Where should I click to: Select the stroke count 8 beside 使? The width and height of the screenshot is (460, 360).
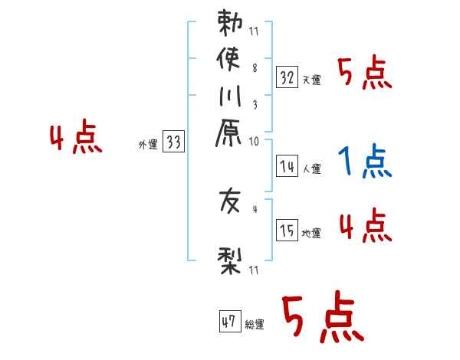(x=254, y=67)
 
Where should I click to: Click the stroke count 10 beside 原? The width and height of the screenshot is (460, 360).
(x=255, y=141)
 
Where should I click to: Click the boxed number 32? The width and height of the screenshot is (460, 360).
(x=287, y=77)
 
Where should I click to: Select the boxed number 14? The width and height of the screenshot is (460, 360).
(x=287, y=165)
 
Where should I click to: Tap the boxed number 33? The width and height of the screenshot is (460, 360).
(x=174, y=142)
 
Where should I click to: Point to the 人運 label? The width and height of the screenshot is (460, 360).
(x=311, y=168)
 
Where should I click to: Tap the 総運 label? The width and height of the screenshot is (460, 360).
(x=254, y=325)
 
